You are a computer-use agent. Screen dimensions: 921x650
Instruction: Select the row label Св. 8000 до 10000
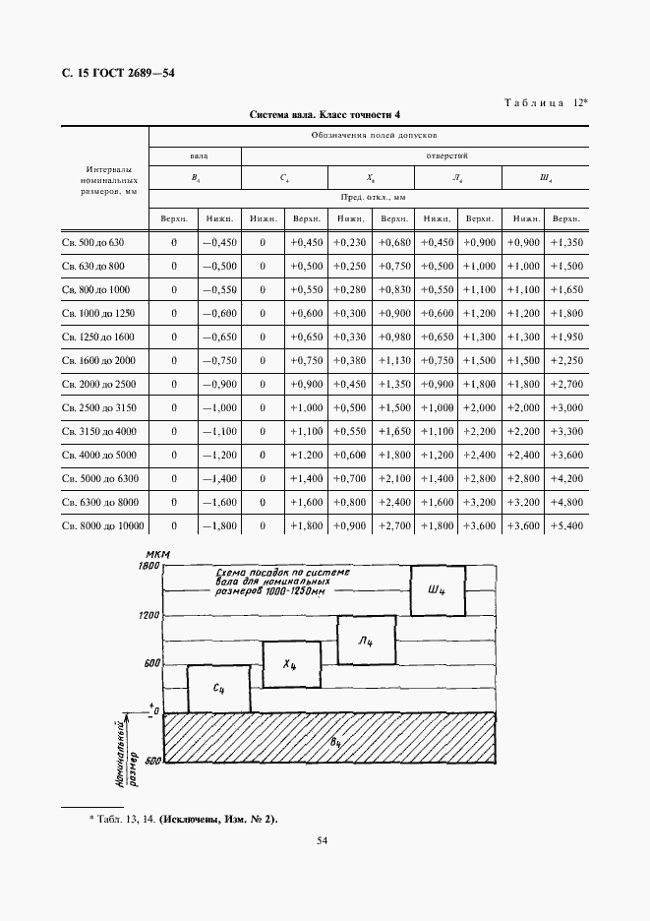(x=101, y=526)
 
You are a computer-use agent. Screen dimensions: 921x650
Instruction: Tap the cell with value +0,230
(x=349, y=242)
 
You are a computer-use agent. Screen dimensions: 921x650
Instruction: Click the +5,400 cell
(x=566, y=526)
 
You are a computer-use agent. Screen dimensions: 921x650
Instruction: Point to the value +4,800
(x=566, y=502)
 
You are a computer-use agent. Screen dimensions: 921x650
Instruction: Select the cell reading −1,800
(x=218, y=526)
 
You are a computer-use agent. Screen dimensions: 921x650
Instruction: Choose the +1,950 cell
(x=566, y=337)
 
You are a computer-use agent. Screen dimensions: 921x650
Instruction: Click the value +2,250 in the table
(x=566, y=360)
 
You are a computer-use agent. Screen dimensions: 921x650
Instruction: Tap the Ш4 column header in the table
(x=545, y=178)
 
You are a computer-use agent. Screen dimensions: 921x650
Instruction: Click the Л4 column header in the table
(x=457, y=178)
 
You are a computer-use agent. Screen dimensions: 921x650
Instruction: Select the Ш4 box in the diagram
(x=438, y=590)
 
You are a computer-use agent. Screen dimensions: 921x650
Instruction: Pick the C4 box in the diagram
(x=218, y=690)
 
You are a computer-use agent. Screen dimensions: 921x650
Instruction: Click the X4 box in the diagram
(x=290, y=665)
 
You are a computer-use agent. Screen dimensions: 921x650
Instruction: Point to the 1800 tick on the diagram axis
(x=148, y=568)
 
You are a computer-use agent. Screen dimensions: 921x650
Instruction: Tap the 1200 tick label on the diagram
(x=148, y=615)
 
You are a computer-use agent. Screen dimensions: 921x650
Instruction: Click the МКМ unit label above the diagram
(x=155, y=556)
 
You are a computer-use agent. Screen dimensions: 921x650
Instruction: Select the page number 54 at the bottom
(x=323, y=840)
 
